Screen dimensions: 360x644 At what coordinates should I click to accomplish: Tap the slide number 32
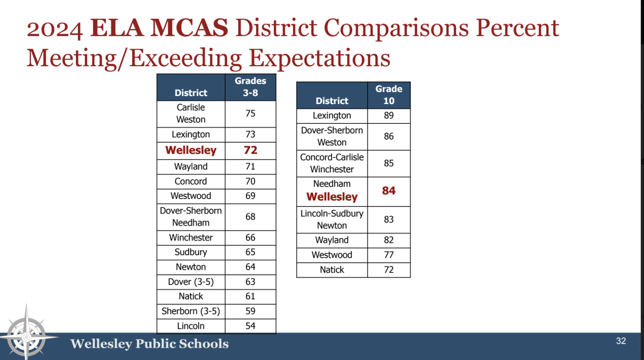pyautogui.click(x=621, y=341)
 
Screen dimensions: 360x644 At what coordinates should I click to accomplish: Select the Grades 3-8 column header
pyautogui.click(x=250, y=87)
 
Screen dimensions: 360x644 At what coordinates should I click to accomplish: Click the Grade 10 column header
pyautogui.click(x=389, y=95)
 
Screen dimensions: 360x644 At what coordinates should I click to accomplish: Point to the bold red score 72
pyautogui.click(x=250, y=150)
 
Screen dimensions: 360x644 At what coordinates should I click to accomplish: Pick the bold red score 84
pyautogui.click(x=389, y=191)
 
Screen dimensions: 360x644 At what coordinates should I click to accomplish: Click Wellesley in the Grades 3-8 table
pyautogui.click(x=191, y=150)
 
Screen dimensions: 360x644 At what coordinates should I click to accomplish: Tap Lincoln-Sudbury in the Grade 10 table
pyautogui.click(x=332, y=214)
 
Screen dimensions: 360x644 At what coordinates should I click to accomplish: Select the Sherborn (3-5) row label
pyautogui.click(x=191, y=311)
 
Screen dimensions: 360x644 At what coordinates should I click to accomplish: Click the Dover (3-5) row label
pyautogui.click(x=191, y=282)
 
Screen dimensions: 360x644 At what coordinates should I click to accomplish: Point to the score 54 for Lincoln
pyautogui.click(x=250, y=326)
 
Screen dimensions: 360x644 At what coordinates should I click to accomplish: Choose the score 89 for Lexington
pyautogui.click(x=389, y=115)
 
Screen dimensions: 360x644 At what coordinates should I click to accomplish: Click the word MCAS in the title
pyautogui.click(x=189, y=28)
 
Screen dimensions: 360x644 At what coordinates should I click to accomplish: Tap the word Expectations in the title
pyautogui.click(x=319, y=58)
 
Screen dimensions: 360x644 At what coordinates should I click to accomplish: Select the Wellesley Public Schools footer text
pyautogui.click(x=149, y=344)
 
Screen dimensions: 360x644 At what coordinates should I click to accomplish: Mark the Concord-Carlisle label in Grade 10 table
pyautogui.click(x=332, y=157)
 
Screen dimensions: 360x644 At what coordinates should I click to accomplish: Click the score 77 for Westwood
pyautogui.click(x=389, y=255)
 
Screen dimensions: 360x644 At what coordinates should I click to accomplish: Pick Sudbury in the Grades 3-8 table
pyautogui.click(x=191, y=252)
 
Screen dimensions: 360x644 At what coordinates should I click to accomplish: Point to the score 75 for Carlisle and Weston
pyautogui.click(x=250, y=114)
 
